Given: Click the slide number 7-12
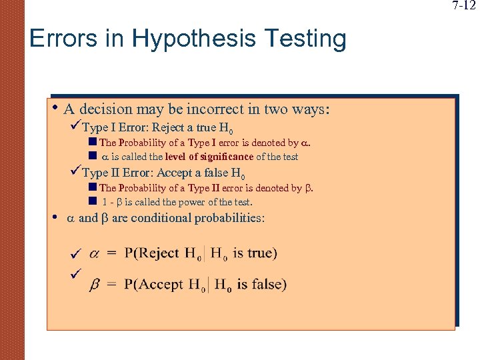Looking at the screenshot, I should [464, 6].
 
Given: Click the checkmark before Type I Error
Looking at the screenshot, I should [75, 127].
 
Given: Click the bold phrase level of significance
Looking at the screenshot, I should [211, 157].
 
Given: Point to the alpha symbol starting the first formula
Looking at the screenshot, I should [94, 253].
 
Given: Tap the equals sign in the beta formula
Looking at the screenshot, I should [111, 285].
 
